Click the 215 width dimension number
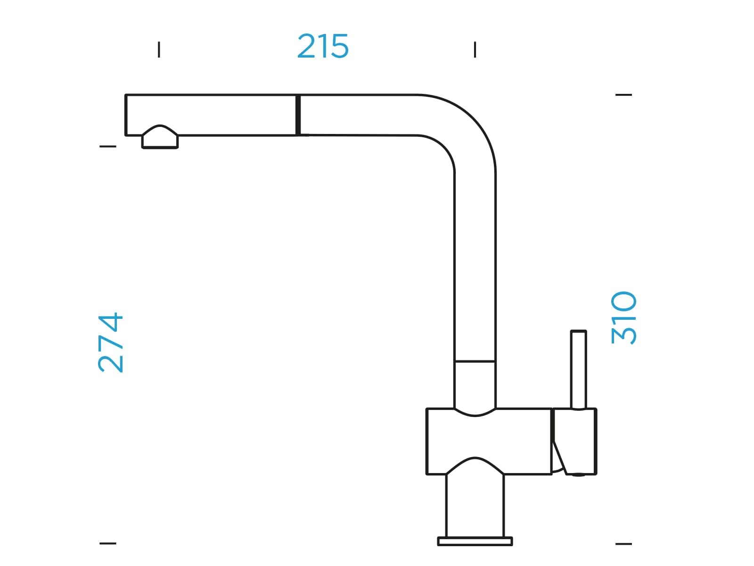tap(322, 46)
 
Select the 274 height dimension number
tap(110, 342)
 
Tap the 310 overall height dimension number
tap(624, 317)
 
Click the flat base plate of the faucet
tap(475, 541)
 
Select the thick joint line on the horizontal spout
tap(298, 115)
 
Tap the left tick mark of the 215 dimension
tap(159, 50)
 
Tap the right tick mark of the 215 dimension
tap(475, 50)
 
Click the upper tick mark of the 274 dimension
tap(108, 146)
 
